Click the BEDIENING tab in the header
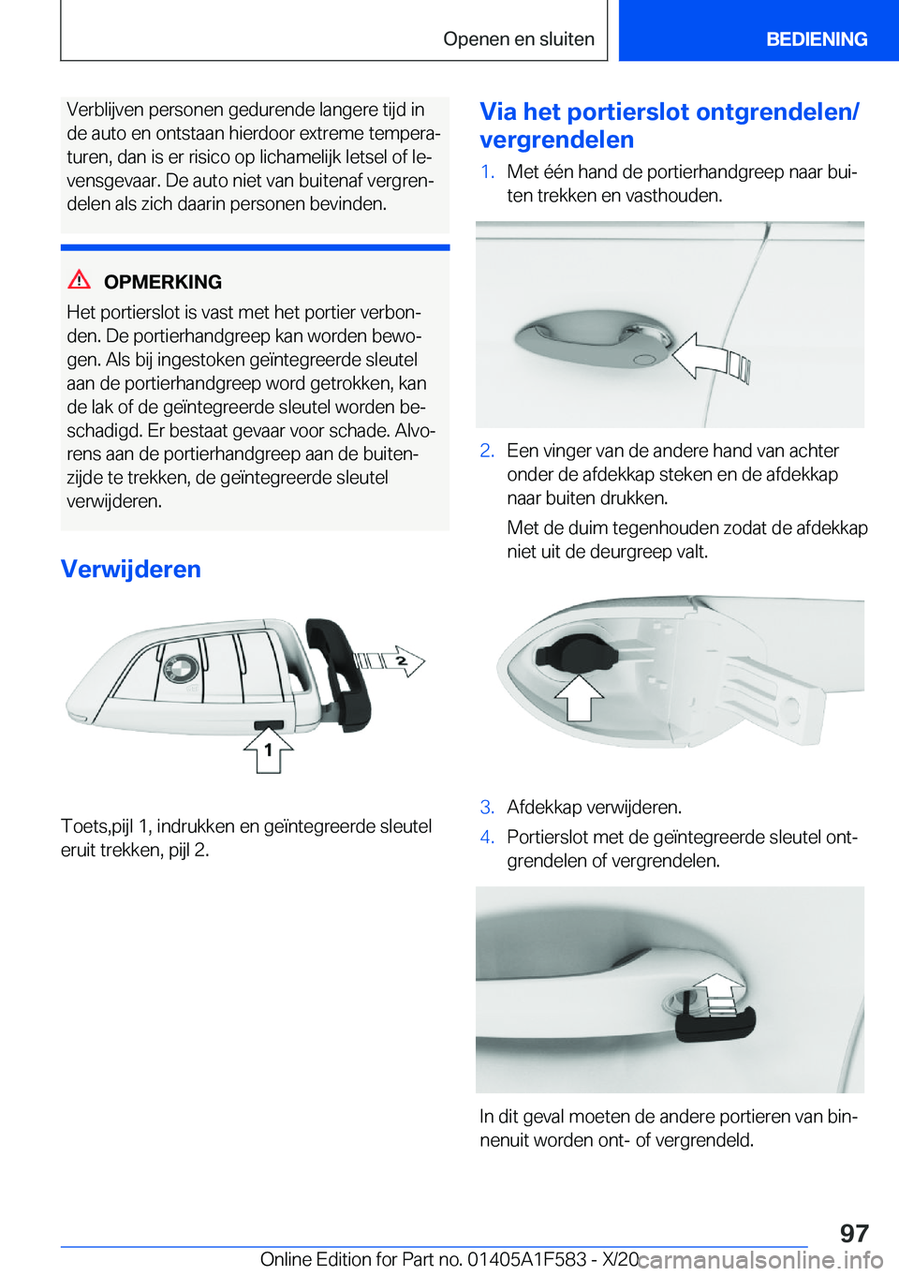coord(816,39)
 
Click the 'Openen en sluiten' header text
coord(519,39)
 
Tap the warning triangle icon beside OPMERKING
coord(80,279)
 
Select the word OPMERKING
coord(163,282)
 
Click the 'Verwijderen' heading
coord(131,569)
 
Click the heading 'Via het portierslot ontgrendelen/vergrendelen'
coord(669,126)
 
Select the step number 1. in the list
coord(487,171)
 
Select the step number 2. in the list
coord(487,451)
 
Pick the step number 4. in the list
coord(487,837)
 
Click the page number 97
coord(853,1233)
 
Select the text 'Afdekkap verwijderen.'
coord(594,807)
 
